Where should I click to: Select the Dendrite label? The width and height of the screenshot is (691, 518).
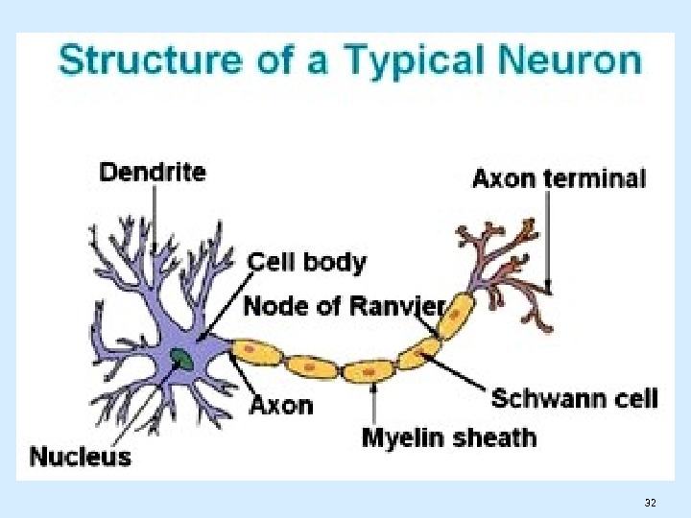coord(153,173)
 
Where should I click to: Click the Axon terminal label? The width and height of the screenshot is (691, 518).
coord(559,178)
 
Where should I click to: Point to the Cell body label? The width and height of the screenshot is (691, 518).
coord(307,261)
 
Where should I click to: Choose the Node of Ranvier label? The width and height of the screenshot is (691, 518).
coord(344,306)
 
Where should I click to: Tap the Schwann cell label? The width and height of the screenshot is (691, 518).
coord(574,398)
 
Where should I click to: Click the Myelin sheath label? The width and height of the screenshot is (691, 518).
coord(448,438)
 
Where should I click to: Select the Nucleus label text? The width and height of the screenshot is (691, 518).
coord(81,456)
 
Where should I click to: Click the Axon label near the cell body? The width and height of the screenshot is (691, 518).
coord(281,404)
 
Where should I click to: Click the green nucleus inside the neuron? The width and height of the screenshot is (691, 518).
coord(180,360)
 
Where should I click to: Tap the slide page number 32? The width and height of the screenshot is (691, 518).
coord(651,503)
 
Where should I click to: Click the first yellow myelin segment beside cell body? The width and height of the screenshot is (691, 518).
coord(256,353)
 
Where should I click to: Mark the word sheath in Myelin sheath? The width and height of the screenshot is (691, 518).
coord(496,438)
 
